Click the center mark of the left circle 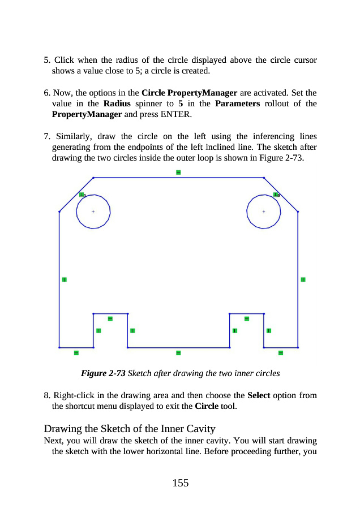[x=93, y=212]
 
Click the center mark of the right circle [x=264, y=212]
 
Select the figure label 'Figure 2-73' [x=104, y=373]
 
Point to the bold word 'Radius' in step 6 [x=118, y=104]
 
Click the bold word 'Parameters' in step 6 [x=237, y=104]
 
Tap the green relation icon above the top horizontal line [x=178, y=171]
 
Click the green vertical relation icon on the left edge [x=65, y=279]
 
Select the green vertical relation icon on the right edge [x=303, y=279]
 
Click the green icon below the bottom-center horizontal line [x=178, y=353]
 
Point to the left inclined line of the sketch [x=76, y=195]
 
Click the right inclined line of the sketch [x=281, y=195]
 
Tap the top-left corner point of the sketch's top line [x=93, y=178]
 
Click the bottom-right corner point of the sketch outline [x=298, y=347]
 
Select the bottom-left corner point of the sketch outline [x=59, y=347]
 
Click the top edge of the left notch [x=110, y=313]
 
